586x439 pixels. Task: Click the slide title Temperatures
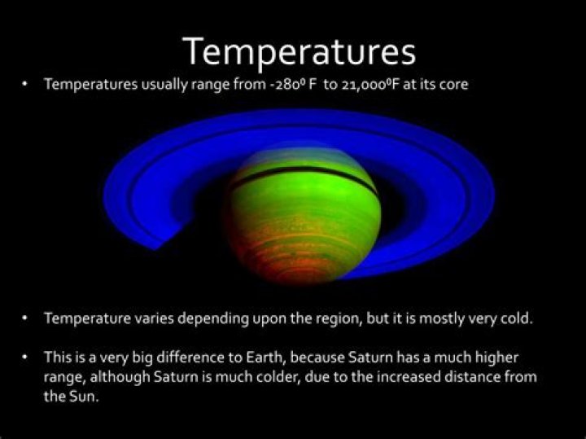(x=300, y=51)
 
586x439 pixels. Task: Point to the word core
(x=453, y=85)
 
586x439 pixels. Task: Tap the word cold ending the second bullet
(x=517, y=318)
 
